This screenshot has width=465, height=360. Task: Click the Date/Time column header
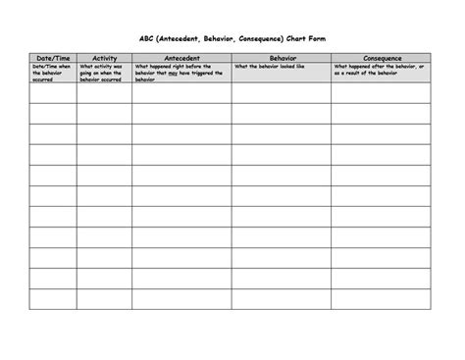pos(52,59)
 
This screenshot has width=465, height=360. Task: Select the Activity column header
pos(104,59)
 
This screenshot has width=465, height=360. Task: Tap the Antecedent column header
pos(181,59)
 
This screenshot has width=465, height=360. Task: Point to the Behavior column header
pos(281,59)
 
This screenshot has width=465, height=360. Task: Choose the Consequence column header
pos(382,59)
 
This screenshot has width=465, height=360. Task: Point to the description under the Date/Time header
pos(52,72)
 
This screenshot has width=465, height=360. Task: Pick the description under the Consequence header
pos(381,69)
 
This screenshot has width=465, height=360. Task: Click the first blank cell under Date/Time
pos(52,93)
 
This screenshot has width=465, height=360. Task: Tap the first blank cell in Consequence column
pos(381,93)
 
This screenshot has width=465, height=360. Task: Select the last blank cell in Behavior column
pos(281,298)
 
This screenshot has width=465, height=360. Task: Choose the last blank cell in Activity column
pos(104,298)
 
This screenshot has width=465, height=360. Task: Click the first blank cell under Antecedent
pos(181,93)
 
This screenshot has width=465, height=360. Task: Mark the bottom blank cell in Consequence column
pos(381,298)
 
